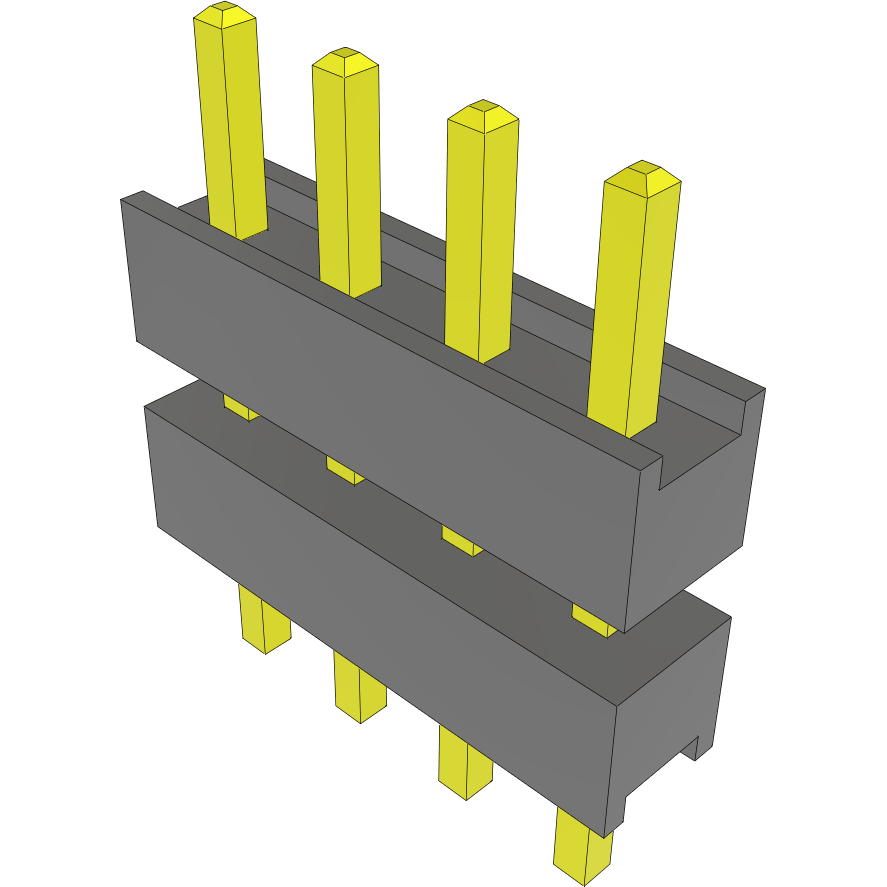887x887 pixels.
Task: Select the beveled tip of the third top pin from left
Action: [482, 115]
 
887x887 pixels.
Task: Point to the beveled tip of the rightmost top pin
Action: [643, 178]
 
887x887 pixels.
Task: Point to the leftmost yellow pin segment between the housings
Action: [239, 406]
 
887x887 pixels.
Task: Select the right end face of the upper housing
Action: [700, 500]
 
